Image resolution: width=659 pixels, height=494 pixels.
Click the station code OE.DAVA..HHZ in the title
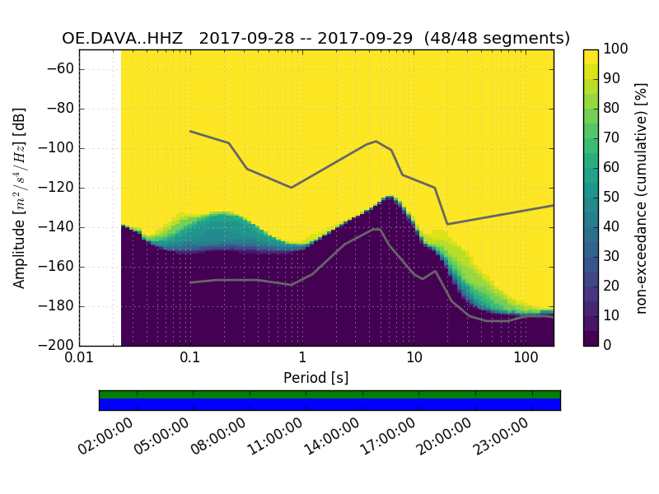(x=125, y=38)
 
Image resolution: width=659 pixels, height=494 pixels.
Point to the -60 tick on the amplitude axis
(x=63, y=68)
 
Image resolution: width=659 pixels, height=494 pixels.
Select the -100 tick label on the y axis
(x=59, y=148)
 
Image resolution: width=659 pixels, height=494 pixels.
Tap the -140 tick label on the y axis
(x=59, y=227)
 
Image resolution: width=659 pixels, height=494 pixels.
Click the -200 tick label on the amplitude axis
(x=59, y=345)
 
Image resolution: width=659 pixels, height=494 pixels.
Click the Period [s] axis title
(x=316, y=378)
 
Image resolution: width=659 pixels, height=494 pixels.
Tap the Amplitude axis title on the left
(x=20, y=198)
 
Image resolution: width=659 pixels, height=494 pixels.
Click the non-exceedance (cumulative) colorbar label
(x=641, y=198)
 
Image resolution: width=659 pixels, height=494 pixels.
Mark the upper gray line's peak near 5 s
(x=376, y=141)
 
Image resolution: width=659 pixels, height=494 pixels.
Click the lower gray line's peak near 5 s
(x=376, y=229)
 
